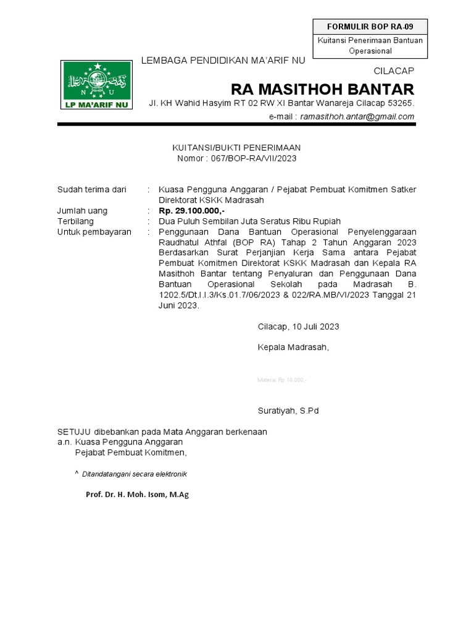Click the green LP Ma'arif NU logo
(x=96, y=85)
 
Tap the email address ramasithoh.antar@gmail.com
(x=357, y=117)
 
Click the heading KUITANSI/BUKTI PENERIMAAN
(x=236, y=148)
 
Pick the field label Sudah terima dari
(x=91, y=189)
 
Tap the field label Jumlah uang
(x=82, y=211)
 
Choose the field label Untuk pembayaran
(x=94, y=232)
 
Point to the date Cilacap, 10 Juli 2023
(x=298, y=326)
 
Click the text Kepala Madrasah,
(x=293, y=347)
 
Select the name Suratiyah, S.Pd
(x=288, y=410)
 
